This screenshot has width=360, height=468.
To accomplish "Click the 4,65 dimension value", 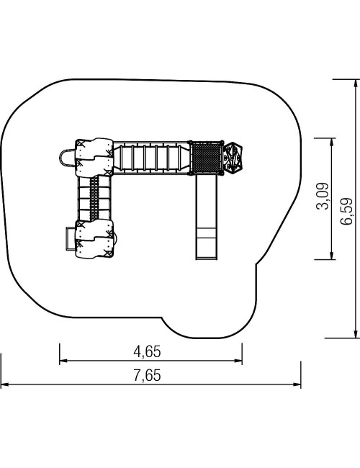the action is (147, 351).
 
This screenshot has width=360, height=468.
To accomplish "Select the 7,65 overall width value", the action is (147, 375).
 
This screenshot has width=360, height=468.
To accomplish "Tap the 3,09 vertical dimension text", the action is (323, 196).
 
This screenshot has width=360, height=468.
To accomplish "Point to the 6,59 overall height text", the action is (346, 211).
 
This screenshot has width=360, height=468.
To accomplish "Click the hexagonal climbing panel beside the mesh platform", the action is (233, 158).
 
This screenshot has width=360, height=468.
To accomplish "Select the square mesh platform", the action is (206, 158).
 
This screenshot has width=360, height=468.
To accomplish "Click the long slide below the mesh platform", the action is (206, 217).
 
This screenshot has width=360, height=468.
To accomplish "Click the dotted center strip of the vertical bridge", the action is (94, 199).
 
